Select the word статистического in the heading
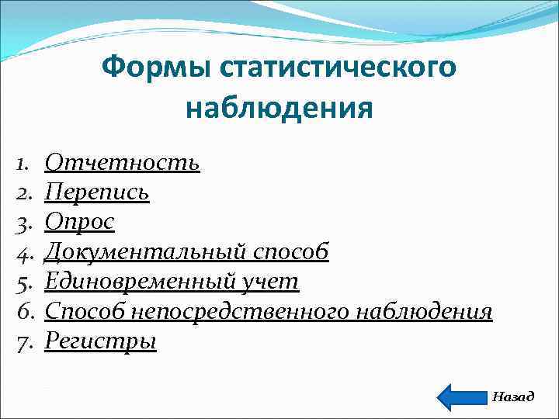[x=338, y=67]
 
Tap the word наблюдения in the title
[x=279, y=107]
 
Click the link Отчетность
[x=122, y=162]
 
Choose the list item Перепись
[x=97, y=192]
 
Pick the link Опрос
[x=79, y=222]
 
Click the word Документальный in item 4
[x=147, y=251]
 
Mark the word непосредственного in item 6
[x=241, y=311]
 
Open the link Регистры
[x=100, y=341]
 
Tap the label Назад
[x=513, y=396]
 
